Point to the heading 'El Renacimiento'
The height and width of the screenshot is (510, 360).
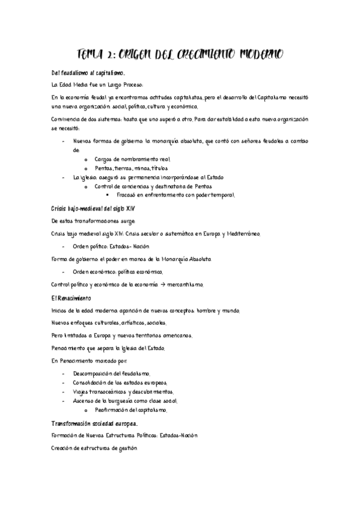[71, 298]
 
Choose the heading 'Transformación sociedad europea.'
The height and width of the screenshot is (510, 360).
[95, 423]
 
